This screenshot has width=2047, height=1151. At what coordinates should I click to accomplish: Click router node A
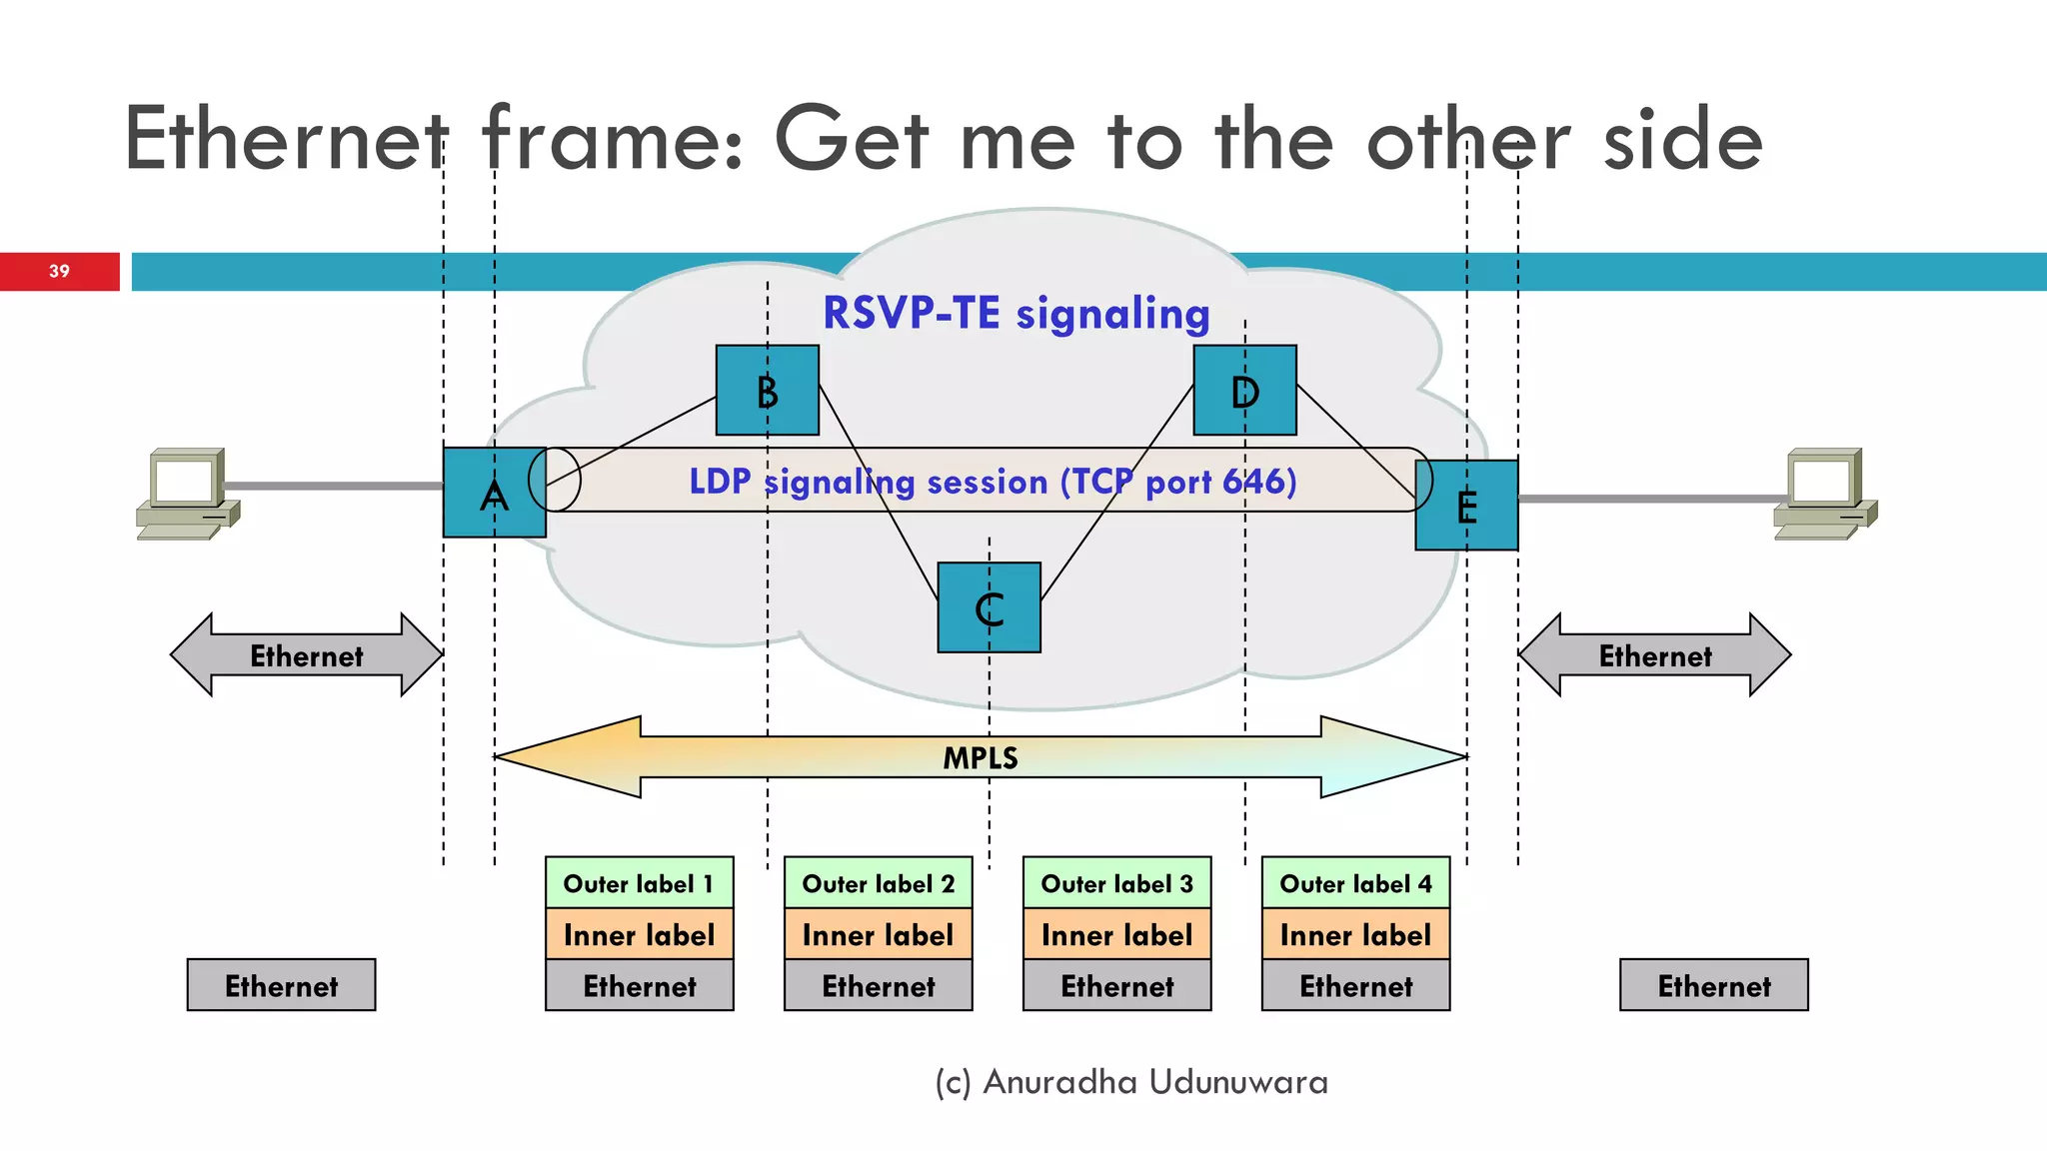pyautogui.click(x=494, y=493)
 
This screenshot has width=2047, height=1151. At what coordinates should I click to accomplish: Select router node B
pyautogui.click(x=767, y=391)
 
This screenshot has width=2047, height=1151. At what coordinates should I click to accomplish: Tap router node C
pyautogui.click(x=989, y=607)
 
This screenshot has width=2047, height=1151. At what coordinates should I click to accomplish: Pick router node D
pyautogui.click(x=1244, y=391)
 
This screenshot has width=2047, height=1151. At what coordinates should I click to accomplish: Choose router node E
pyautogui.click(x=1466, y=506)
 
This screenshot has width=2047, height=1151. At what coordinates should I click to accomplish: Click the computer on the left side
pyautogui.click(x=187, y=494)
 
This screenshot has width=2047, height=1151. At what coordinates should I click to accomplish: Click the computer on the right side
pyautogui.click(x=1825, y=494)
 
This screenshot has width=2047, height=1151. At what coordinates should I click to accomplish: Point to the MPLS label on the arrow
pyautogui.click(x=981, y=758)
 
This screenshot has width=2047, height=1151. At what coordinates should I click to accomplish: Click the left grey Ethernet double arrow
pyautogui.click(x=306, y=655)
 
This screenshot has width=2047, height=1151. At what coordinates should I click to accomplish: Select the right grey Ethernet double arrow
pyautogui.click(x=1654, y=655)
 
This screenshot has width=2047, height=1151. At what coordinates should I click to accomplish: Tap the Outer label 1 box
pyautogui.click(x=639, y=883)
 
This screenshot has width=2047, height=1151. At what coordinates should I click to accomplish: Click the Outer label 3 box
pyautogui.click(x=1116, y=883)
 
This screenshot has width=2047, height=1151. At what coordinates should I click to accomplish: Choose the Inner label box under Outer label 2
pyautogui.click(x=878, y=935)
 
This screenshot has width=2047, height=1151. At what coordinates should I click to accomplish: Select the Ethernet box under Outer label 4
pyautogui.click(x=1355, y=986)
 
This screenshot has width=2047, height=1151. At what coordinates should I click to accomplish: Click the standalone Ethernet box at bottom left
pyautogui.click(x=281, y=986)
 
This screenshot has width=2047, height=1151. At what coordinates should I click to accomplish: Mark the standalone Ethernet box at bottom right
pyautogui.click(x=1713, y=986)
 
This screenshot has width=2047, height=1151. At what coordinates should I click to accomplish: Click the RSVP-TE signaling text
pyautogui.click(x=1016, y=314)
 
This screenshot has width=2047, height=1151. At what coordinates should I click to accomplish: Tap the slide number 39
pyautogui.click(x=59, y=272)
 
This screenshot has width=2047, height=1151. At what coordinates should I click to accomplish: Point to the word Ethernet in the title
pyautogui.click(x=286, y=140)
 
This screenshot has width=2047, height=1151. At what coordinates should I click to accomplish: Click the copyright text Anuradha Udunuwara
pyautogui.click(x=1131, y=1082)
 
